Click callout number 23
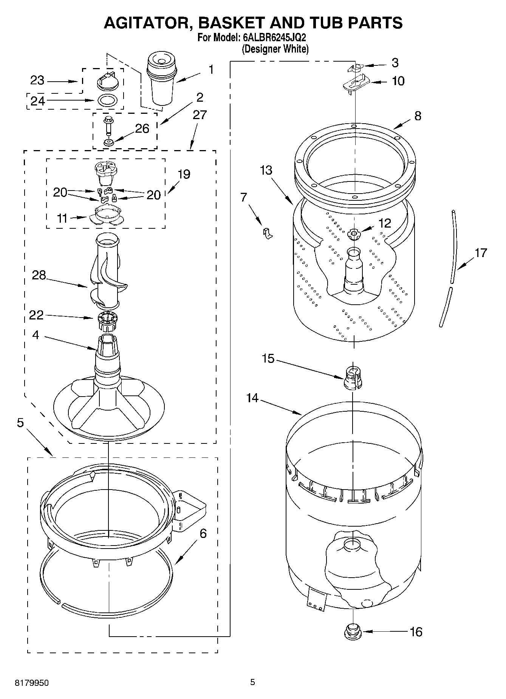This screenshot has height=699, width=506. click(37, 81)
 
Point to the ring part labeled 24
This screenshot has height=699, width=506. click(108, 101)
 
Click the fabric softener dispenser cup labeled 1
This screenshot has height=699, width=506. click(161, 79)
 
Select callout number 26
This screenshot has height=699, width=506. click(142, 129)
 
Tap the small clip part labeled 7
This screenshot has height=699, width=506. click(268, 233)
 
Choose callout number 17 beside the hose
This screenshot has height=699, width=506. click(481, 253)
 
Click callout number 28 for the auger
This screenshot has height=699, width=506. click(39, 275)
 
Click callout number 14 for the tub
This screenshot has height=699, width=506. click(252, 398)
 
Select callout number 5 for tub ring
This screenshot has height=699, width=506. click(20, 423)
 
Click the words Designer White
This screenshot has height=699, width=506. click(275, 49)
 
